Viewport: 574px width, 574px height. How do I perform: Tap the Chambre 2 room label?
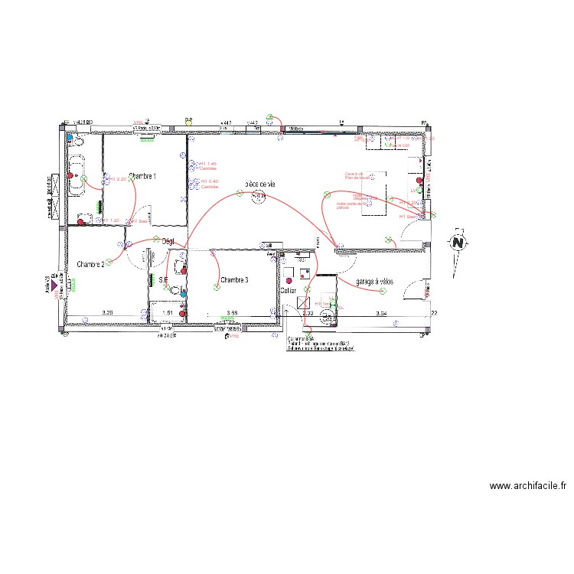90,264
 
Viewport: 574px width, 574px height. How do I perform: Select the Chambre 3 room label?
234,280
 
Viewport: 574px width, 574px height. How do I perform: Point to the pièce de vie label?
259,184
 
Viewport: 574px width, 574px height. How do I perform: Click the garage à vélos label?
374,282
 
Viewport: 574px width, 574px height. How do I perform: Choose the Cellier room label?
288,291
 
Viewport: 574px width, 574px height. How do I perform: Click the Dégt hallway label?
168,242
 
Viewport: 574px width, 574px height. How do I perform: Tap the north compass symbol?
458,243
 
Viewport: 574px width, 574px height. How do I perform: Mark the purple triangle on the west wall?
54,289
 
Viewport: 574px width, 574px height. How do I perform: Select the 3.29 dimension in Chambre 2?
108,313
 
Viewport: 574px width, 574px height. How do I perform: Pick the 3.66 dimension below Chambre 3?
233,313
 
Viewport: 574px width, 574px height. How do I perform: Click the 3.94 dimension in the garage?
381,314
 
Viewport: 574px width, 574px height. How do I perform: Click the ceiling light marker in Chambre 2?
109,263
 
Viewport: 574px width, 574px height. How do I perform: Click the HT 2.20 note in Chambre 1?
117,179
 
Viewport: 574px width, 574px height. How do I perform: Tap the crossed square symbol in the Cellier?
303,302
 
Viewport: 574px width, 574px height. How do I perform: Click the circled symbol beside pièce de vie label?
259,198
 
